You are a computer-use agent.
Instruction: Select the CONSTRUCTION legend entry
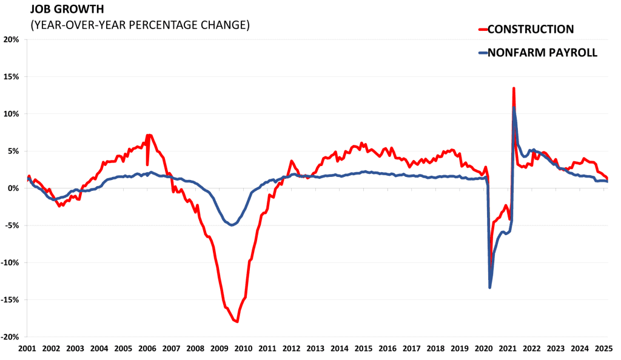pos(530,29)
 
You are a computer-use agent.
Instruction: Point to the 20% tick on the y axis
pos(12,39)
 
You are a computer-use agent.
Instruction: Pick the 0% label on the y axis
pos(14,188)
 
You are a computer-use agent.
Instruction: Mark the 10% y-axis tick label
pos(12,114)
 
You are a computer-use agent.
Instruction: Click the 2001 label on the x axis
pos(27,349)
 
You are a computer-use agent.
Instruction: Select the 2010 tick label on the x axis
pos(243,349)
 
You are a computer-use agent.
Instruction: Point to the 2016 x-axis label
pos(388,349)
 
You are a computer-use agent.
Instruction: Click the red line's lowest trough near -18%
pos(237,321)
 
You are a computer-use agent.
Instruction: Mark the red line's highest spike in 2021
pos(514,88)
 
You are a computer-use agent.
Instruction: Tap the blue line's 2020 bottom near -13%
pos(490,287)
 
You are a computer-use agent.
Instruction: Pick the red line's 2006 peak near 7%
pos(149,135)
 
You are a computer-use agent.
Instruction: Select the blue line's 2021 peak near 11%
pos(514,108)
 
